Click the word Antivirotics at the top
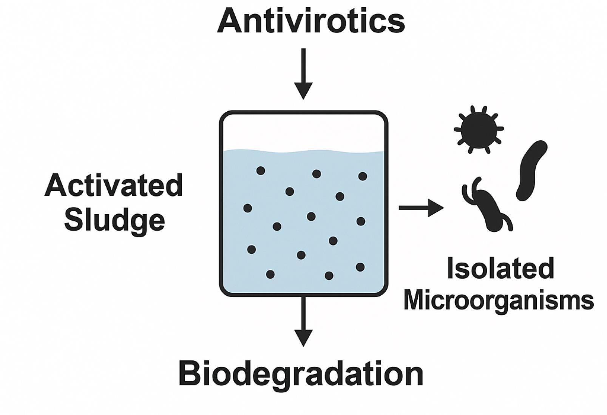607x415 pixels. (310, 21)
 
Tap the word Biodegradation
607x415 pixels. (301, 373)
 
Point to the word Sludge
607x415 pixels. (114, 220)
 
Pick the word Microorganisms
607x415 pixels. (499, 301)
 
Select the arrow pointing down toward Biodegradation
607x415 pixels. (303, 321)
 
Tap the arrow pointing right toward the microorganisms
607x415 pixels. (421, 208)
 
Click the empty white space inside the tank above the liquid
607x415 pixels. (303, 132)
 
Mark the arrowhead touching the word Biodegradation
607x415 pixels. (303, 337)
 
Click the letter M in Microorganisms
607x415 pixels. (414, 301)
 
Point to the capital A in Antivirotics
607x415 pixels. (229, 21)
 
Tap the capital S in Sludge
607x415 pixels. (73, 220)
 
